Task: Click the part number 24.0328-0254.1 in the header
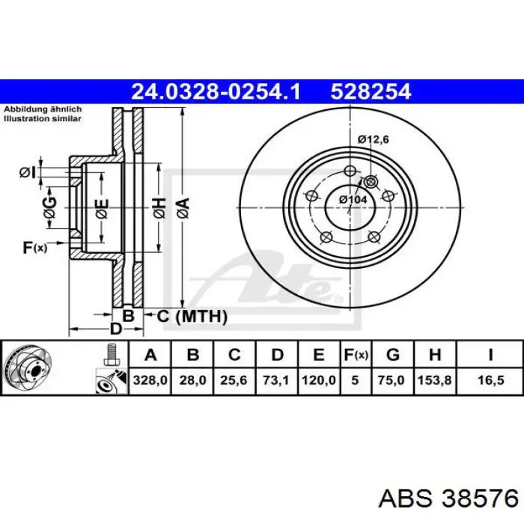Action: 216,91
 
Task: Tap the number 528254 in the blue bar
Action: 371,91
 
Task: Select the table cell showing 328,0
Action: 150,380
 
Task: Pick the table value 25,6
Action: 234,380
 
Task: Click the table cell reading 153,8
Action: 435,380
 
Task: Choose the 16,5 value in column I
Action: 490,380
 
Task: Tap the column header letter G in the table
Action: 393,354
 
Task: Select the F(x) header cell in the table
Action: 356,354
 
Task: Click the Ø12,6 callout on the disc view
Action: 373,139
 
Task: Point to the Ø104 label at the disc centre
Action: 353,200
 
